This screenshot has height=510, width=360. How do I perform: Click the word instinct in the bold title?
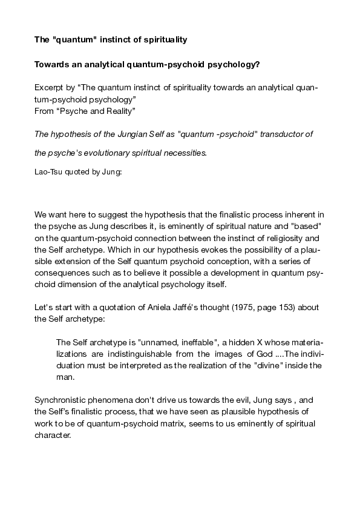coord(111,40)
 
